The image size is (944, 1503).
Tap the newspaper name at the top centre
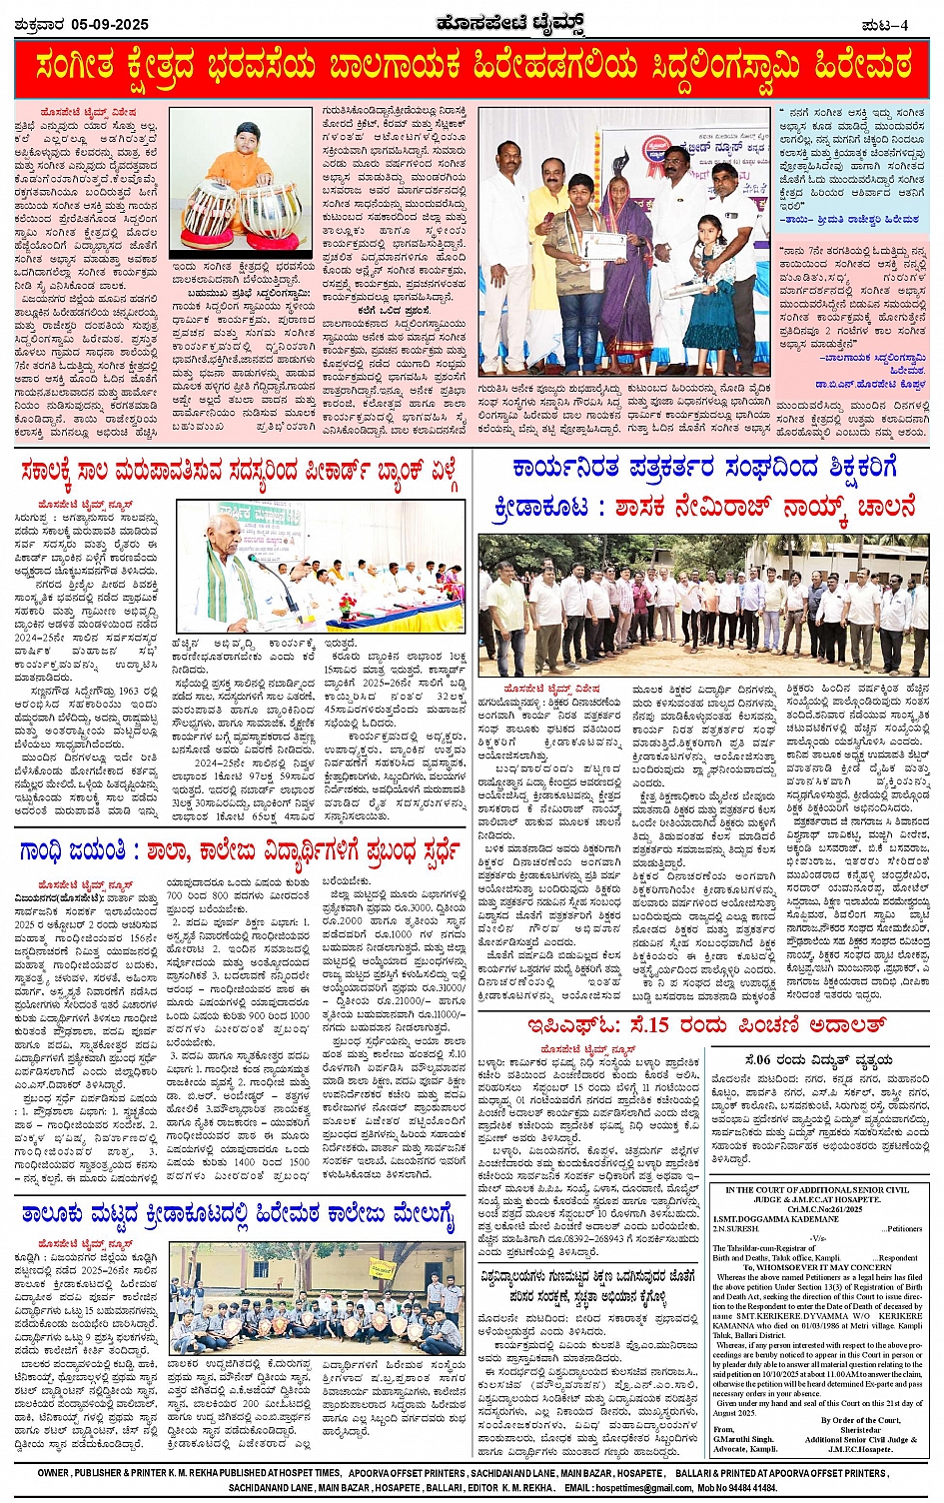tap(471, 23)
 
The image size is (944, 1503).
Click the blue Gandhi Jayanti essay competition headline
tap(240, 850)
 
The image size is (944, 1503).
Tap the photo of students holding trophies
tap(317, 1299)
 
